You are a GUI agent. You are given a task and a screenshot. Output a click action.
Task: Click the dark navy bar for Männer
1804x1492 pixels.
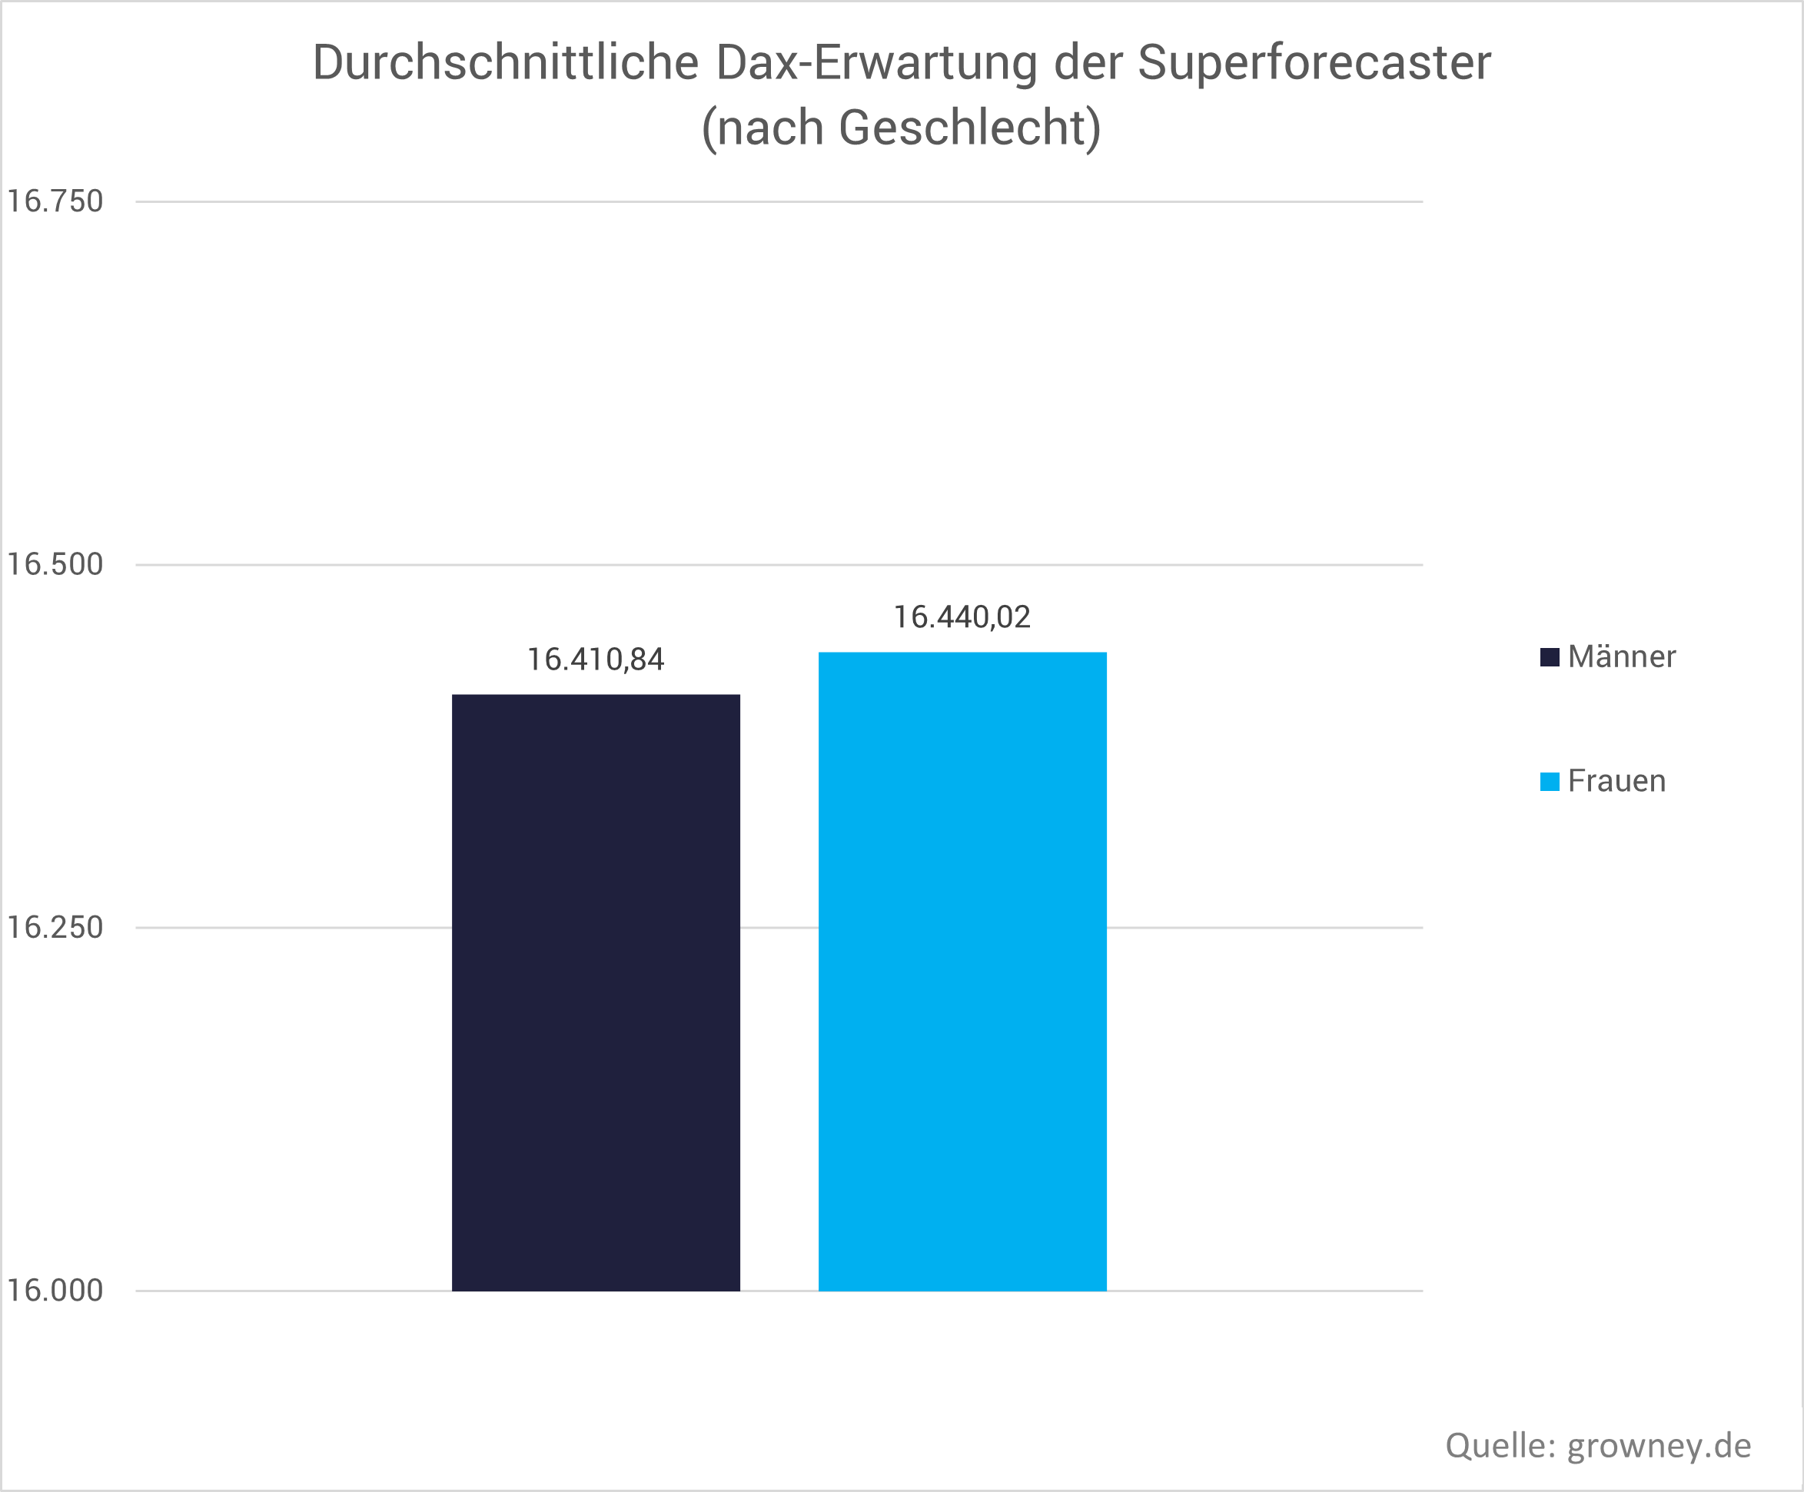(x=596, y=992)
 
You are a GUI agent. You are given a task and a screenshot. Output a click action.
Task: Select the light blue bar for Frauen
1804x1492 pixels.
(x=962, y=971)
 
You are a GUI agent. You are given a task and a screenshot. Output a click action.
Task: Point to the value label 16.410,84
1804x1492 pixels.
(x=596, y=660)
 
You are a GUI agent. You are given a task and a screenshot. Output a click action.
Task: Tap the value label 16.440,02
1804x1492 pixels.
(x=962, y=617)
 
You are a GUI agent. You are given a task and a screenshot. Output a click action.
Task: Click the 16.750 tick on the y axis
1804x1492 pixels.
(x=55, y=201)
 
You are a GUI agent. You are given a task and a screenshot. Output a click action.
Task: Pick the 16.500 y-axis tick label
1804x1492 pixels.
(x=55, y=564)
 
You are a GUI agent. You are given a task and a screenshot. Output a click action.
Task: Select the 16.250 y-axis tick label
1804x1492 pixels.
(x=55, y=928)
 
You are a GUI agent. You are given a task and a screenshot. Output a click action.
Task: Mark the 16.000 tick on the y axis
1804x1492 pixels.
(x=55, y=1290)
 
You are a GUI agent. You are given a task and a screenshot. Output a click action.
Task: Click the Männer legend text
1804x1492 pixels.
(x=1621, y=657)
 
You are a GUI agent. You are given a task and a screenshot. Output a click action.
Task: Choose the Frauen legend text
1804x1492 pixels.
(x=1616, y=781)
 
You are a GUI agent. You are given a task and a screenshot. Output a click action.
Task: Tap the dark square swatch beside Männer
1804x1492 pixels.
(x=1550, y=657)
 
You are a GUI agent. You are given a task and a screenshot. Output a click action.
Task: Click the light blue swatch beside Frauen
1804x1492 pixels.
(x=1550, y=782)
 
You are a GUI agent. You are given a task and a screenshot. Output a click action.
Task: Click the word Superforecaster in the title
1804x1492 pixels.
(x=1314, y=64)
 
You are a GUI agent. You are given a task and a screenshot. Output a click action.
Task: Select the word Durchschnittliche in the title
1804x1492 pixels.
(x=505, y=64)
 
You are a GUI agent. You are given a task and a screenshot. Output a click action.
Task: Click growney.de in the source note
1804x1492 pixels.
(x=1659, y=1446)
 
